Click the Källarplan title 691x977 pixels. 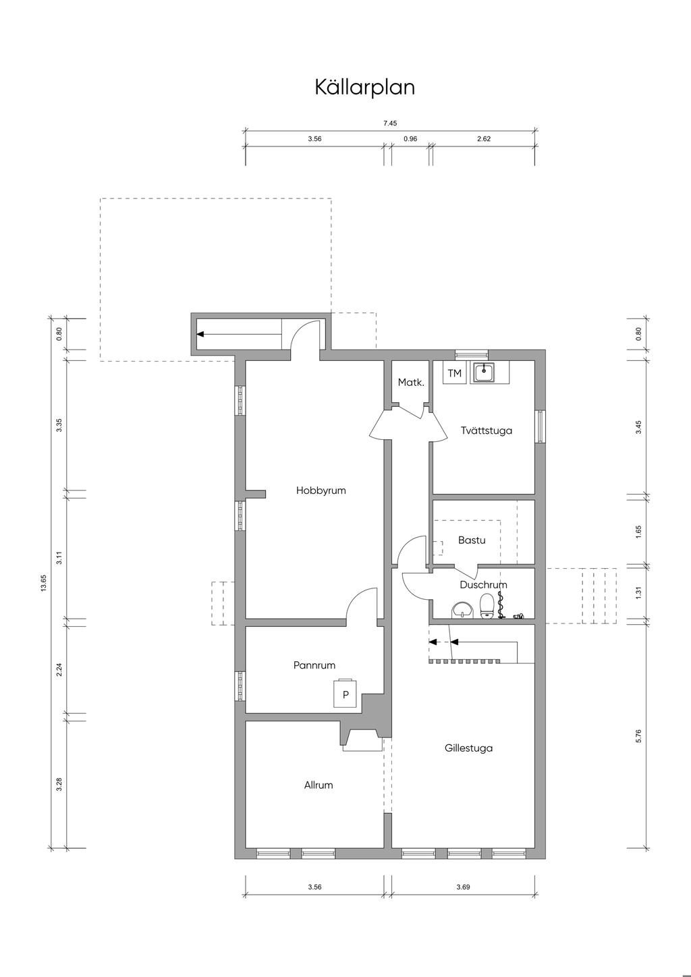[364, 88]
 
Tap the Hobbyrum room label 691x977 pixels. [321, 491]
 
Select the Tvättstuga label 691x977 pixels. [487, 431]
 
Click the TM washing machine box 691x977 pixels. [455, 373]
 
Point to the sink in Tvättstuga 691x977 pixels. [483, 373]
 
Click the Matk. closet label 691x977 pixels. [411, 383]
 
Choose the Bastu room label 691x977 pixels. [472, 540]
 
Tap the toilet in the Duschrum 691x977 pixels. [487, 607]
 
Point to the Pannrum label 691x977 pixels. [314, 665]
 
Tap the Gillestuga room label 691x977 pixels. [468, 748]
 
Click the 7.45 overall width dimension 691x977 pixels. [390, 123]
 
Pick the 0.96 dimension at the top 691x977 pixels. [410, 139]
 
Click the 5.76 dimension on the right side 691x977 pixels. [638, 736]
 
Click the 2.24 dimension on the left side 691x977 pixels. [59, 670]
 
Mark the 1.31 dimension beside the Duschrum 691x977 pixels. [638, 594]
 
